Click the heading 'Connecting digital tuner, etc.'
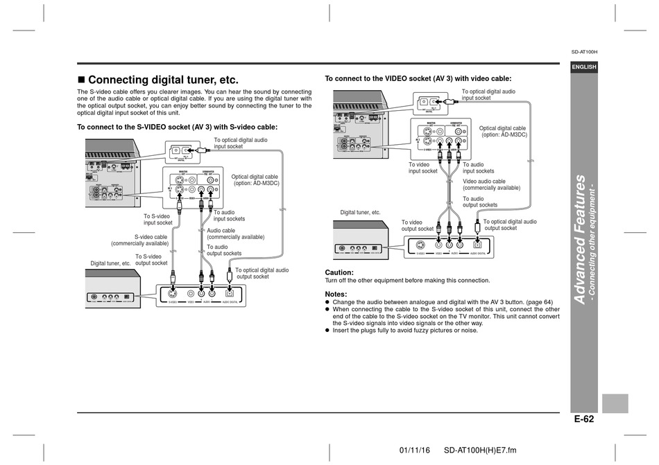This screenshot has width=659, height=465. pyautogui.click(x=163, y=80)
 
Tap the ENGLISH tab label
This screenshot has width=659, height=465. pyautogui.click(x=583, y=67)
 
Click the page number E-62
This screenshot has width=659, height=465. pyautogui.click(x=583, y=418)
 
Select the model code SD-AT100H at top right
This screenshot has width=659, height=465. pyautogui.click(x=584, y=51)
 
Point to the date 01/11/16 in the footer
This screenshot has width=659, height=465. pyautogui.click(x=415, y=450)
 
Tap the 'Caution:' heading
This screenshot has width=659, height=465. pyautogui.click(x=339, y=272)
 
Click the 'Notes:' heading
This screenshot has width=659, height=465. pyautogui.click(x=336, y=294)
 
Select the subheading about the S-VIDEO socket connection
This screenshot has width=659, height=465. pyautogui.click(x=177, y=127)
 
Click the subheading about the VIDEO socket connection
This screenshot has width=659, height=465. pyautogui.click(x=418, y=79)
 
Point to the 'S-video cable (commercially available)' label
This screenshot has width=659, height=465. pyautogui.click(x=140, y=240)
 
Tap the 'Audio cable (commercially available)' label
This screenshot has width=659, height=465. pyautogui.click(x=235, y=234)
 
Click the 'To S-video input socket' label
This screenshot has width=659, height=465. pyautogui.click(x=158, y=219)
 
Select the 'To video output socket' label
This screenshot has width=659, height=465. pyautogui.click(x=417, y=225)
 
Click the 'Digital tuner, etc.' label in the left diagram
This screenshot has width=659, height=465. pyautogui.click(x=110, y=263)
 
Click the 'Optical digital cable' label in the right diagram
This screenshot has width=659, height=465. pyautogui.click(x=502, y=131)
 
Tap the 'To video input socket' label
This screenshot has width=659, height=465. pyautogui.click(x=423, y=168)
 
